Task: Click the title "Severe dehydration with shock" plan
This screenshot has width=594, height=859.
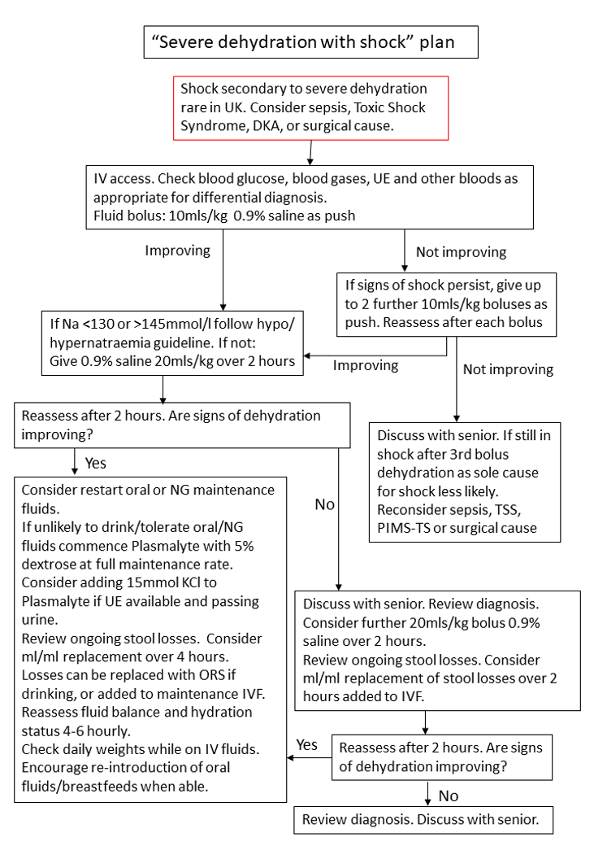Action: click(x=310, y=42)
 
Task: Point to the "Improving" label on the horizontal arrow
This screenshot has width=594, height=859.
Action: click(x=366, y=365)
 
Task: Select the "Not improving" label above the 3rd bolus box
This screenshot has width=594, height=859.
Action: click(x=508, y=369)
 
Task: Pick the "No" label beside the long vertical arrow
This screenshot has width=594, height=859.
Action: click(x=324, y=504)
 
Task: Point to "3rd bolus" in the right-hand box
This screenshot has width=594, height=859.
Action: click(x=475, y=454)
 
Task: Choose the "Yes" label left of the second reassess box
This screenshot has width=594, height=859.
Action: click(x=307, y=744)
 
